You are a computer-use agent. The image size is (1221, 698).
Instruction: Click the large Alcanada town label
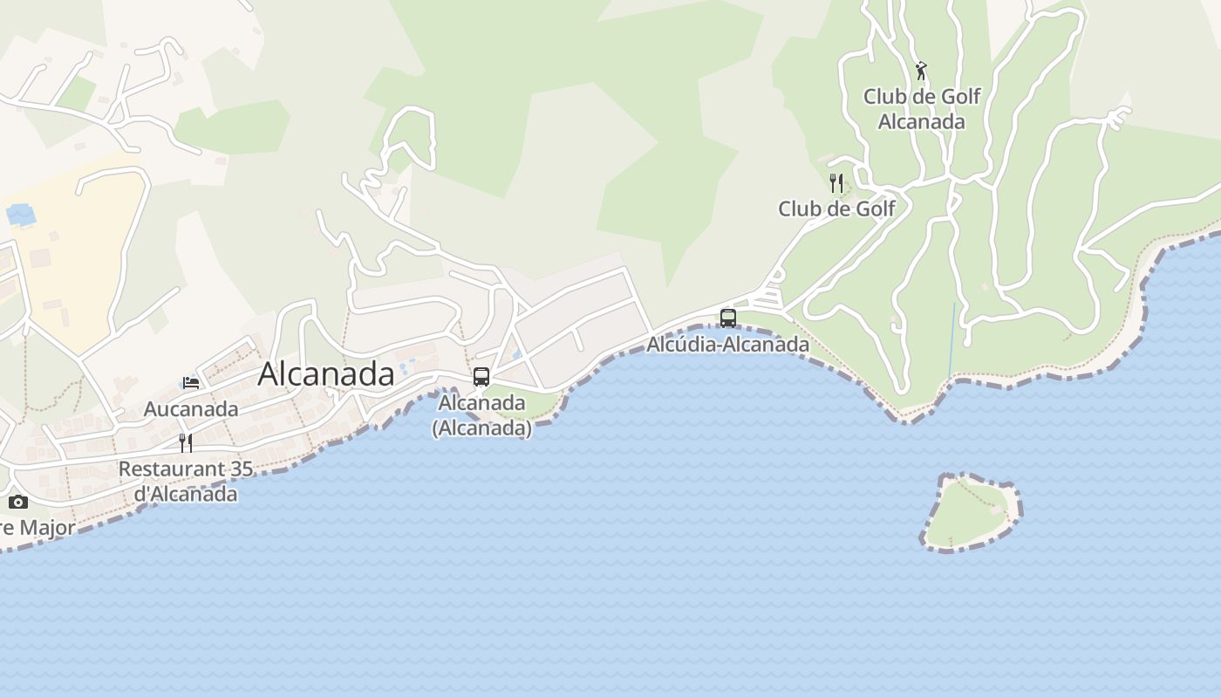(326, 374)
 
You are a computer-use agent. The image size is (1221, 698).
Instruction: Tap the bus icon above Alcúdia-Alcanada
(728, 318)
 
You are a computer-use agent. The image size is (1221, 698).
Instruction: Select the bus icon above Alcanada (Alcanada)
(481, 377)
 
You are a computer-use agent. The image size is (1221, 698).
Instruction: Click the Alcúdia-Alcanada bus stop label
(727, 345)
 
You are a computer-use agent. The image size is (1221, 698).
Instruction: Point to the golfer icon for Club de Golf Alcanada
(921, 71)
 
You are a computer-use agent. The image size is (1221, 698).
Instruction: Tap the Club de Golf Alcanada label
(922, 109)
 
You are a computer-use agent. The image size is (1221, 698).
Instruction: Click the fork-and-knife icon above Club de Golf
(836, 183)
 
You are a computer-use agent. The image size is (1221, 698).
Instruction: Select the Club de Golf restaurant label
(836, 209)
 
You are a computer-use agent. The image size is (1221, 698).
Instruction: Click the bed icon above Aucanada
(191, 382)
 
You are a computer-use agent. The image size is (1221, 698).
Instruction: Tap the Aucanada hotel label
(191, 409)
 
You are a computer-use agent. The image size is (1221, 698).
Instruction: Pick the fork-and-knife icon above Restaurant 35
(186, 443)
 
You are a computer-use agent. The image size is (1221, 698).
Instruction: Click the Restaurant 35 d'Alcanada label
(186, 481)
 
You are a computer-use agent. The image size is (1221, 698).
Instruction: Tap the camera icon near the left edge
(18, 502)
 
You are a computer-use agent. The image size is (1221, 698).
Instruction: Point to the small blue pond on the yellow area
(20, 214)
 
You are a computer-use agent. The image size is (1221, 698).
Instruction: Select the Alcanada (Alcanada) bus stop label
(481, 415)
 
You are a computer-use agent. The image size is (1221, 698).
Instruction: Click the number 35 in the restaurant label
(241, 469)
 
